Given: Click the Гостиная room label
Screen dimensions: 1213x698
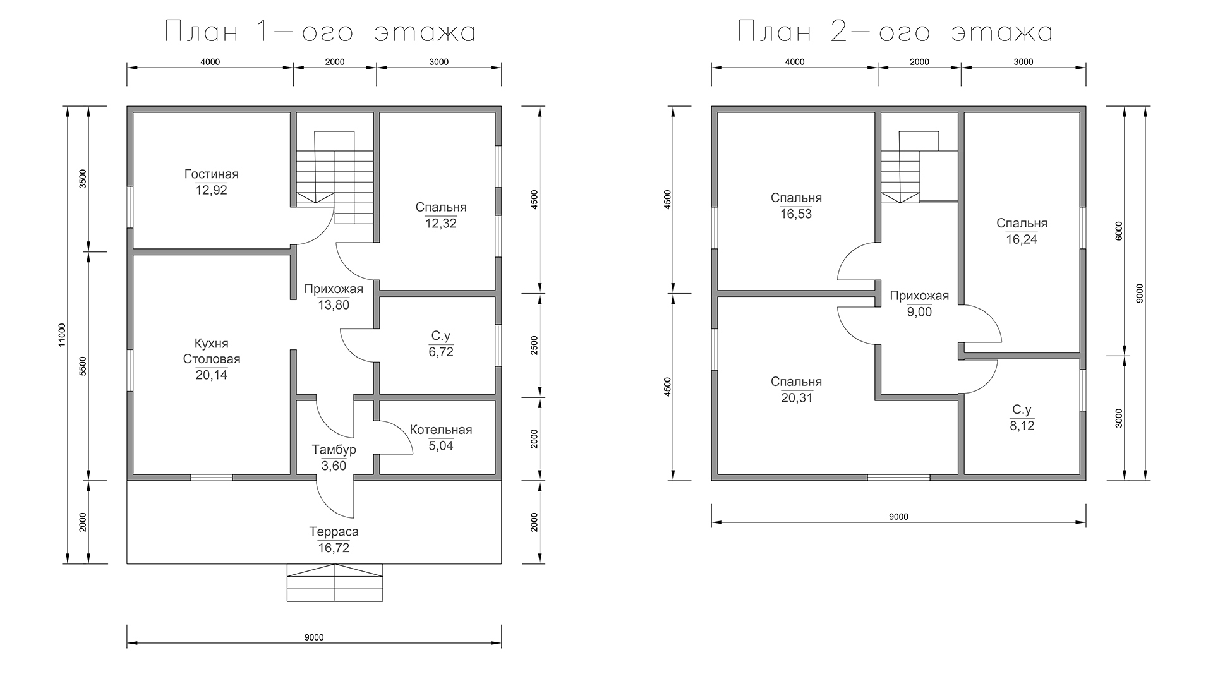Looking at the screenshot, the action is pos(212,174).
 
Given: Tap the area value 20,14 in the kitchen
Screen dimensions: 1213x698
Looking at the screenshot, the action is pos(212,375).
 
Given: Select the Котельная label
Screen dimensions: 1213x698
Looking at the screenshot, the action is pos(441,430).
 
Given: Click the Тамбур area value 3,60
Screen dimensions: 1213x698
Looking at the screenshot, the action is pos(334,466).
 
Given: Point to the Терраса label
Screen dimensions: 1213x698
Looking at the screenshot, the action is pos(334,532).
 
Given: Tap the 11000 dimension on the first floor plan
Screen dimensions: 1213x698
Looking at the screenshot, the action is pos(62,335).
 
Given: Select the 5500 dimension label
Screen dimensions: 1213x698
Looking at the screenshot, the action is pos(83,366).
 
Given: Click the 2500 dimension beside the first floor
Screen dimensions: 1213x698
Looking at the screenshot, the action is pos(535,346).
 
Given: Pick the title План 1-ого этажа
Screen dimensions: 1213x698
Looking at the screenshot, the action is pos(320,32).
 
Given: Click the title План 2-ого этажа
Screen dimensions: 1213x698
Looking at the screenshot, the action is pos(895,32).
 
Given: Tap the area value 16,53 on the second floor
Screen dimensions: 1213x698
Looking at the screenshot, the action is pos(796,214).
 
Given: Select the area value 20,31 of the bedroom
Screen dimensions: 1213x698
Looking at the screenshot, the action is pos(796,398).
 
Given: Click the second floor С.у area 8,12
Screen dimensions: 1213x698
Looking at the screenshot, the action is pos(1022,426).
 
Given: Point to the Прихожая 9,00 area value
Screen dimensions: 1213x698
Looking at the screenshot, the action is pos(919,312).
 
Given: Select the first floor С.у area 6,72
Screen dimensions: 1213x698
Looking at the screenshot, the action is pos(441,352).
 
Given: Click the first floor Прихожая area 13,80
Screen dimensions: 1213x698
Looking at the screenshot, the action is pos(334,305).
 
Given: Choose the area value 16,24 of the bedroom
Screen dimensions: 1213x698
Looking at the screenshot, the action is pos(1022,239).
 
